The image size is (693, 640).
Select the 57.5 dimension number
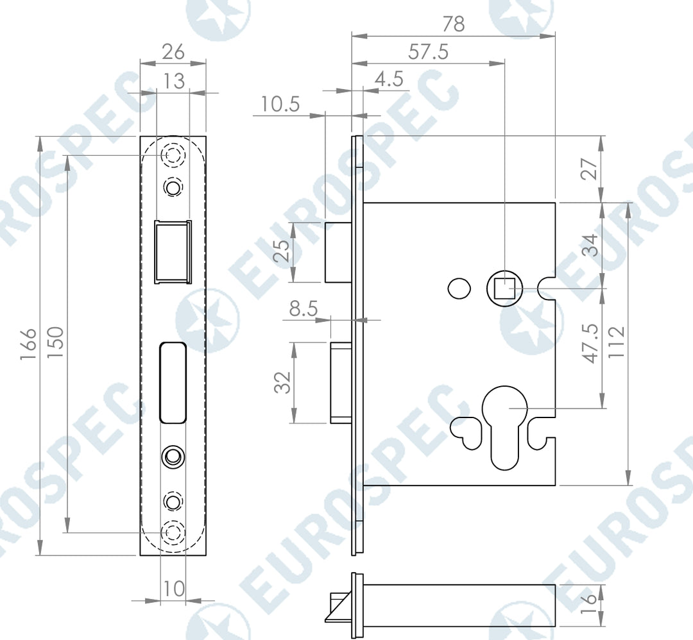pyautogui.click(x=428, y=52)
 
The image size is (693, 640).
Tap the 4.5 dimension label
pyautogui.click(x=389, y=79)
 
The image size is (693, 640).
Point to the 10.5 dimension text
pyautogui.click(x=280, y=105)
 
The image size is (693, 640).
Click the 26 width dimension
pyautogui.click(x=173, y=52)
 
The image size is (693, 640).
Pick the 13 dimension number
pyautogui.click(x=174, y=81)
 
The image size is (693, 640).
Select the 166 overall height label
pyautogui.click(x=28, y=344)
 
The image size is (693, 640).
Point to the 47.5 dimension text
pyautogui.click(x=590, y=344)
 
